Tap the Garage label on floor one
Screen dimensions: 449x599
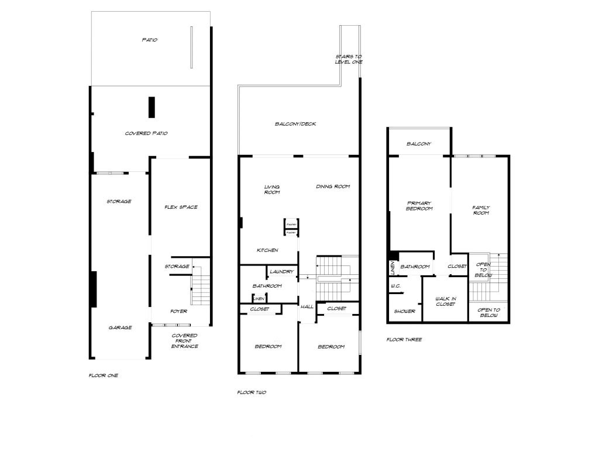(x=120, y=327)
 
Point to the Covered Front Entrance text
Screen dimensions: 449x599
(x=185, y=341)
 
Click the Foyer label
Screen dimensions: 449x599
(x=178, y=311)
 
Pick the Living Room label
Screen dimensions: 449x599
(x=272, y=189)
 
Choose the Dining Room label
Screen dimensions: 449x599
(x=333, y=186)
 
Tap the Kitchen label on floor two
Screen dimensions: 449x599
(x=267, y=250)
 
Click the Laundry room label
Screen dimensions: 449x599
(x=281, y=272)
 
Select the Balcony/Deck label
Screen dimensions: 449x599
(x=295, y=124)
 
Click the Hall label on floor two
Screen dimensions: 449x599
(x=307, y=306)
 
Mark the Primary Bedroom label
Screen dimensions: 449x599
(x=419, y=206)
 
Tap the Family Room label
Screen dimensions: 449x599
(x=481, y=210)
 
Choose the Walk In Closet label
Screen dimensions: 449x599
(x=445, y=301)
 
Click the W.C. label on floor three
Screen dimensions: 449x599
(x=395, y=286)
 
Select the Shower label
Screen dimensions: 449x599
(x=404, y=311)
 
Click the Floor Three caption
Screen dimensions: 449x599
(x=404, y=340)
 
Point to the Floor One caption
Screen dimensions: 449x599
(x=103, y=375)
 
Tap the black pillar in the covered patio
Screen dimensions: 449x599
(x=152, y=108)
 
